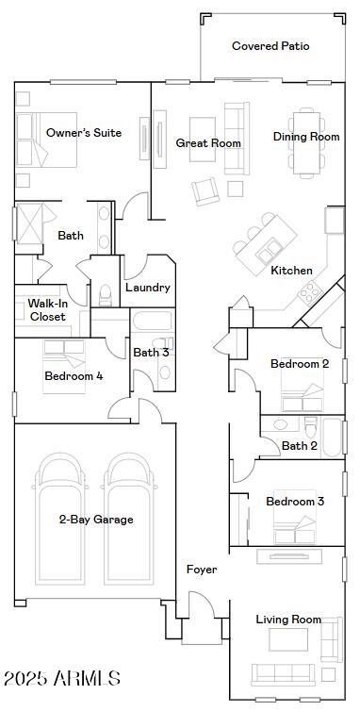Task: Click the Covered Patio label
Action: click(270, 46)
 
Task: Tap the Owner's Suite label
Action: click(84, 132)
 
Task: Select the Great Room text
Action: click(208, 143)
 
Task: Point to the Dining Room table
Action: click(307, 142)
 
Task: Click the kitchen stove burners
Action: click(310, 293)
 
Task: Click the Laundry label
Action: click(148, 287)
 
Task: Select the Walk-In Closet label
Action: click(48, 309)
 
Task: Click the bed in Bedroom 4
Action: click(64, 367)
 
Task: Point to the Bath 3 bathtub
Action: click(153, 320)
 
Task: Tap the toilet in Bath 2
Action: click(312, 425)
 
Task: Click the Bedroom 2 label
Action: click(300, 364)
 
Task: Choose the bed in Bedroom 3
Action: click(295, 517)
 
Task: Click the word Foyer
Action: click(202, 570)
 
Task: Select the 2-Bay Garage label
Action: click(96, 520)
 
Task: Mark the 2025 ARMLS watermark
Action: click(62, 678)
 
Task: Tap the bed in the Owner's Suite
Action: click(47, 140)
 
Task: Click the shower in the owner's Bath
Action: click(30, 223)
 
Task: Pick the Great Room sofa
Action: click(237, 139)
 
